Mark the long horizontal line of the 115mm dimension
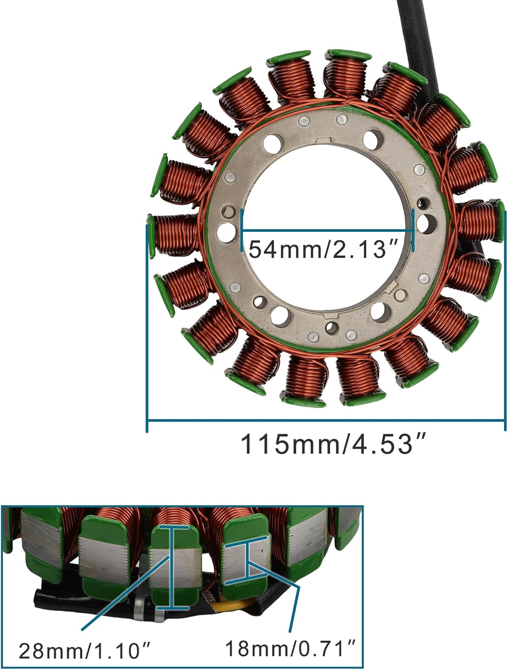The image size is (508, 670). pyautogui.click(x=326, y=420)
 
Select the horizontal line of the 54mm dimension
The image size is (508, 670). pyautogui.click(x=326, y=230)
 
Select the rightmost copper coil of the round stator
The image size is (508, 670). pyautogui.click(x=478, y=221)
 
